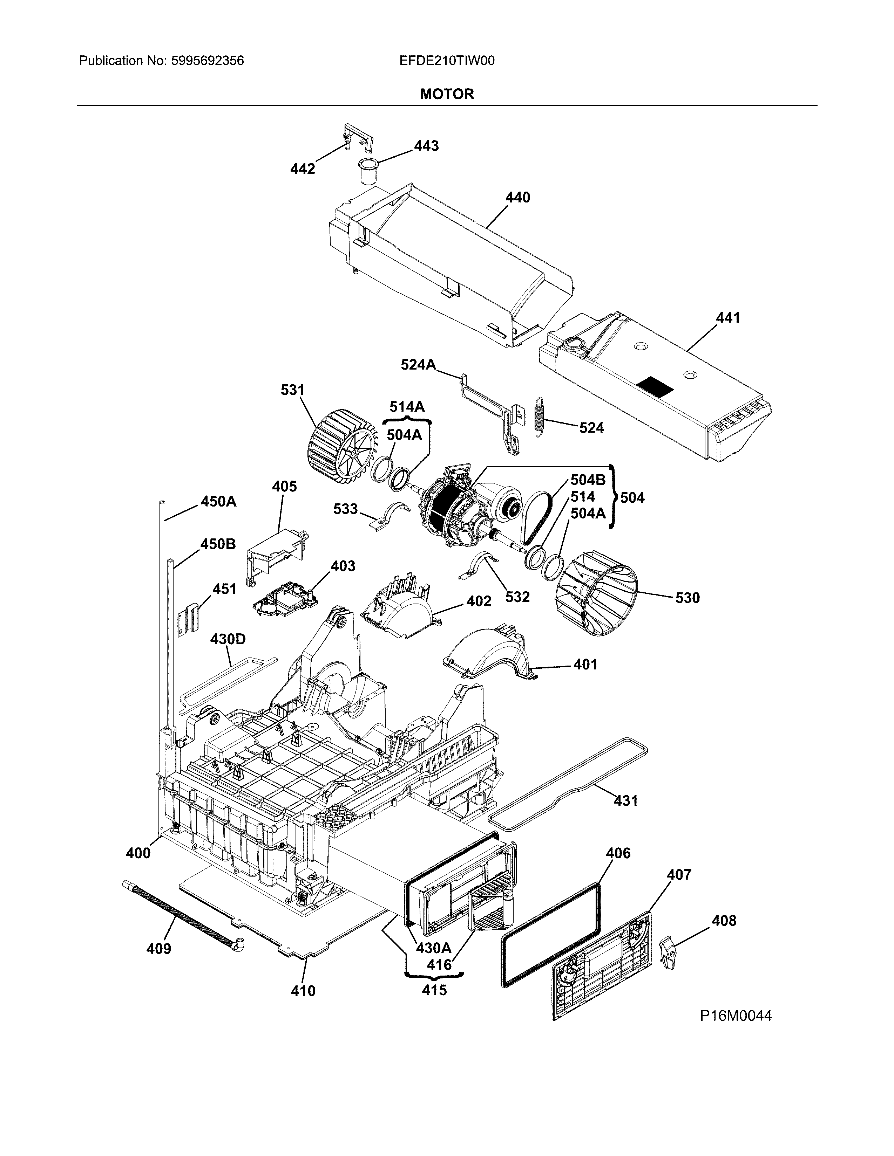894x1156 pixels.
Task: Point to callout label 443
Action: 426,146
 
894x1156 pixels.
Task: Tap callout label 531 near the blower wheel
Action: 292,390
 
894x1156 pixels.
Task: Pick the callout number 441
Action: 728,318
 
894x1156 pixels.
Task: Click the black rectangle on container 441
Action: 656,388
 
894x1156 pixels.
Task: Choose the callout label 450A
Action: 218,501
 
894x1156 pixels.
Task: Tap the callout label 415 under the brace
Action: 434,990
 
